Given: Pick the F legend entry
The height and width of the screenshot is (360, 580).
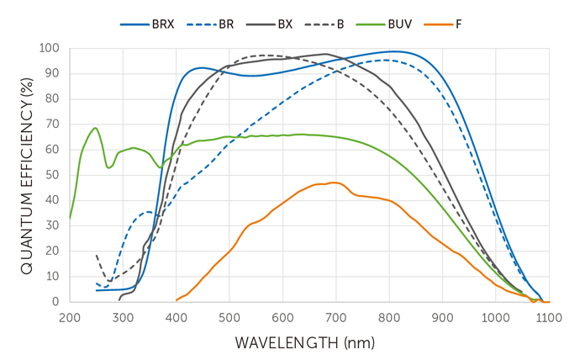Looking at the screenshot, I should pyautogui.click(x=457, y=24).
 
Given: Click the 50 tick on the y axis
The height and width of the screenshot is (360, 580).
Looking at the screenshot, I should pyautogui.click(x=53, y=175).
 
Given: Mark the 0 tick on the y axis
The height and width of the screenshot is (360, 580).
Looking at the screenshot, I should pyautogui.click(x=56, y=301).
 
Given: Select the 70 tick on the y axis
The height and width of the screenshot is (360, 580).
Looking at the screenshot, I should pyautogui.click(x=53, y=124).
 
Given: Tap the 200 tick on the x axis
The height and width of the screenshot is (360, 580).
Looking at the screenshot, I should pyautogui.click(x=70, y=317).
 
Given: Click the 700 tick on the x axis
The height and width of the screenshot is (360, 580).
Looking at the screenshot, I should pyautogui.click(x=335, y=317).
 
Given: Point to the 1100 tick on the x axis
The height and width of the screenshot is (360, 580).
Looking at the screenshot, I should pyautogui.click(x=548, y=317).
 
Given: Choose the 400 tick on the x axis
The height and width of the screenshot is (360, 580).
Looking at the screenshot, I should pyautogui.click(x=176, y=317).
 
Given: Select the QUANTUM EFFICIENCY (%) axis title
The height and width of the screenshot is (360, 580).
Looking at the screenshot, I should pyautogui.click(x=26, y=173).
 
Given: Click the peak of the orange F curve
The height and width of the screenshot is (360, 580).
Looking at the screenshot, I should pyautogui.click(x=334, y=183).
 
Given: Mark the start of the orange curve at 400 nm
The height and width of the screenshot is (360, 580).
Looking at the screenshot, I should pyautogui.click(x=177, y=299).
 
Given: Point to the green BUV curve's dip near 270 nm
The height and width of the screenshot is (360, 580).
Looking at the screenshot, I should pyautogui.click(x=108, y=167).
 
